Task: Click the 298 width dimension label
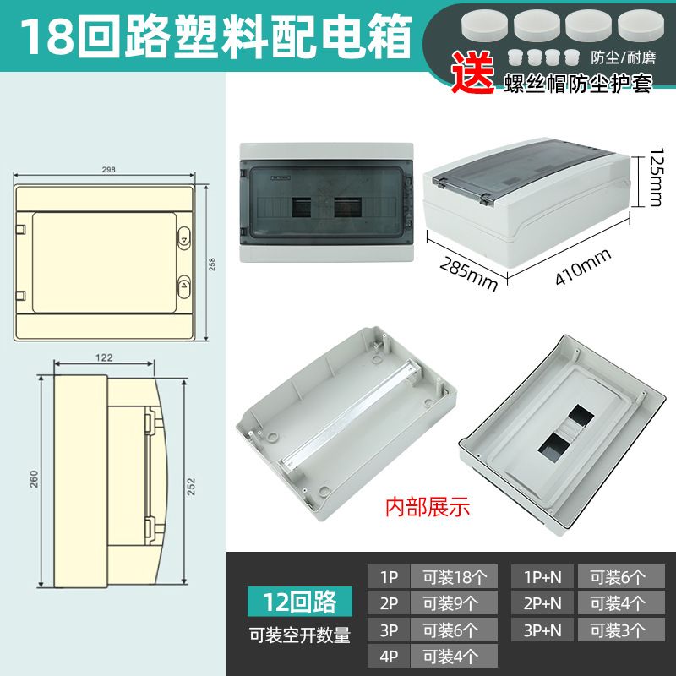pyautogui.click(x=109, y=170)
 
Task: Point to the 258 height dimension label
pyautogui.click(x=212, y=264)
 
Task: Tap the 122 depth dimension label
pyautogui.click(x=104, y=357)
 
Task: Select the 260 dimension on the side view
pyautogui.click(x=34, y=479)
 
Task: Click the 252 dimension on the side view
pyautogui.click(x=191, y=487)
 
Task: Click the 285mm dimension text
pyautogui.click(x=468, y=275)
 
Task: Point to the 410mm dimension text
pyautogui.click(x=582, y=266)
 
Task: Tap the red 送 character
pyautogui.click(x=472, y=72)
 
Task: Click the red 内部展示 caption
pyautogui.click(x=428, y=506)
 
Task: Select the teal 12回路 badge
pyautogui.click(x=300, y=602)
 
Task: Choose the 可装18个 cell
pyautogui.click(x=454, y=576)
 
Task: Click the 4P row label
pyautogui.click(x=389, y=657)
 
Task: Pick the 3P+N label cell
pyautogui.click(x=542, y=630)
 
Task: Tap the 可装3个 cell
pyautogui.click(x=621, y=630)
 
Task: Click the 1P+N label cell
pyautogui.click(x=542, y=576)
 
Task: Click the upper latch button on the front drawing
pyautogui.click(x=184, y=237)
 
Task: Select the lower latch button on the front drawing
pyautogui.click(x=184, y=286)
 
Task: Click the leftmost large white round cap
pyautogui.click(x=484, y=25)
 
